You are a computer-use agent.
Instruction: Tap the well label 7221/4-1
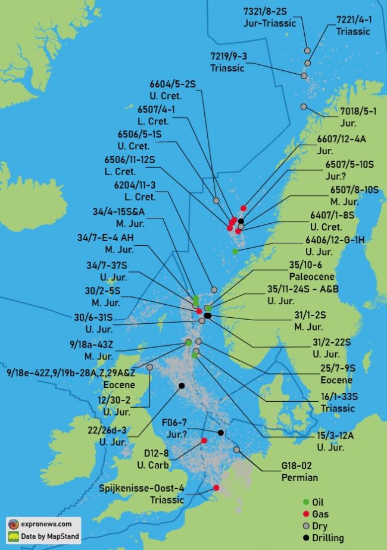tap(354, 20)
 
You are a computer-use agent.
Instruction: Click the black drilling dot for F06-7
tap(220, 433)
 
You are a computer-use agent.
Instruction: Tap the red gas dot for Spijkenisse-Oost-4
tap(216, 488)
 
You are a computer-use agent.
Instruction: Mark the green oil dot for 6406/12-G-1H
tap(236, 252)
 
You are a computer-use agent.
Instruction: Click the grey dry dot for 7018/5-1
tap(304, 107)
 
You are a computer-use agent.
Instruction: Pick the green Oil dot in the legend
tap(306, 502)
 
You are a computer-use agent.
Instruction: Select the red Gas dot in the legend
tap(306, 514)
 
